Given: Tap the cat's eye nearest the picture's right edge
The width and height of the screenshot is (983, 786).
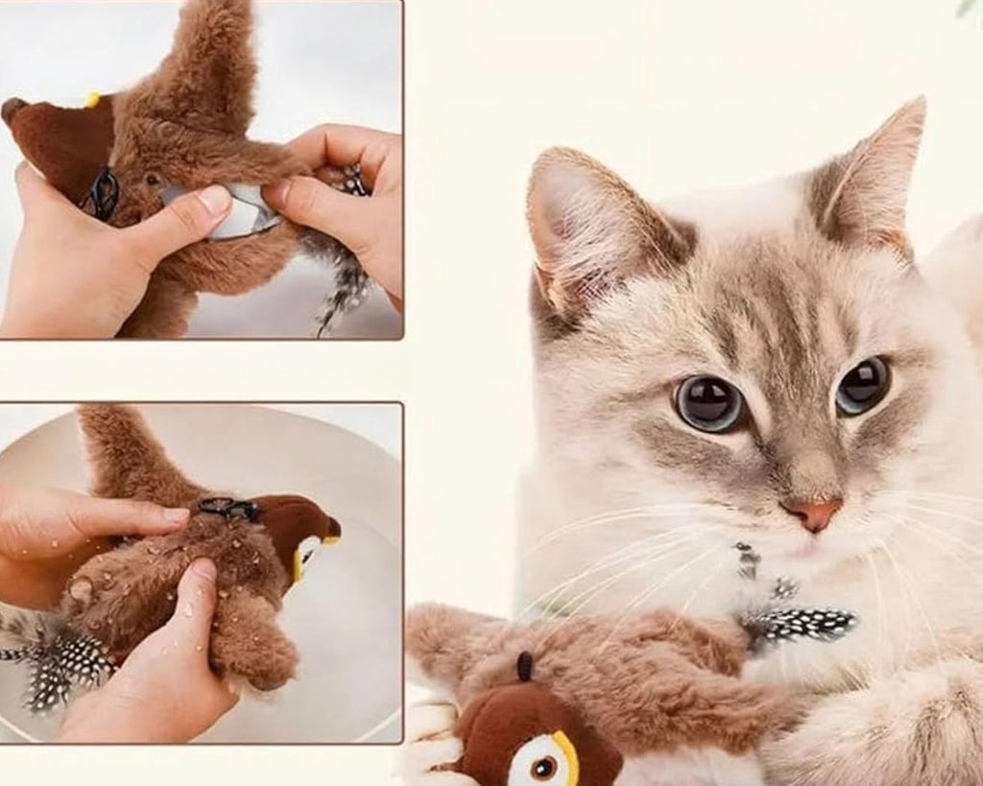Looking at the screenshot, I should [862, 385].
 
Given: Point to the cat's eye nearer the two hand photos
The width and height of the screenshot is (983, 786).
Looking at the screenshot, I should [709, 403].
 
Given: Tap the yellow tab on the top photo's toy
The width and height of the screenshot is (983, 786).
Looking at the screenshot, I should [92, 100].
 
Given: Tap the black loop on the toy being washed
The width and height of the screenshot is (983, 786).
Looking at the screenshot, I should [228, 508].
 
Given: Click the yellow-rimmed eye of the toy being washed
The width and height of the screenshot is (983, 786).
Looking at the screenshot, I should [306, 554].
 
